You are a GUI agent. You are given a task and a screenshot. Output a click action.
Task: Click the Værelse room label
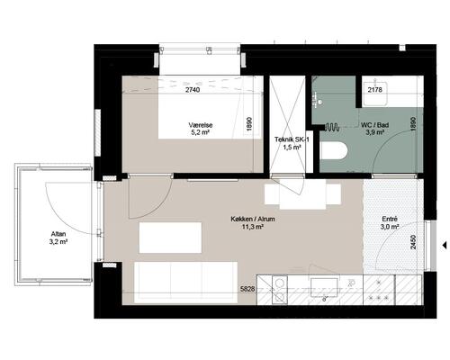pos(201,125)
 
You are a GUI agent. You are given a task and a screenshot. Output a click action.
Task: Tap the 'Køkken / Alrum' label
pos(253,219)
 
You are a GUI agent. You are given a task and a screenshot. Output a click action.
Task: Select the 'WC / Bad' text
pos(375,125)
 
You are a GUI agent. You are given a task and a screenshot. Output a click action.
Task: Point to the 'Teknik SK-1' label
pos(292,139)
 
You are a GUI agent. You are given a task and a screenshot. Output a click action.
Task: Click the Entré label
pos(390,219)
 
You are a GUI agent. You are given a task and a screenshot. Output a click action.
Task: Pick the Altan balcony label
pos(58,234)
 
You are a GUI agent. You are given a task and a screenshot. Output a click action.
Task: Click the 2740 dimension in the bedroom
pos(193,90)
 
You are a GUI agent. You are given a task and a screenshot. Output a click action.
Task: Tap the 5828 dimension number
pos(247,289)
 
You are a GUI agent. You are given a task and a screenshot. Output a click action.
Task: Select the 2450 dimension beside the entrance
pos(413,242)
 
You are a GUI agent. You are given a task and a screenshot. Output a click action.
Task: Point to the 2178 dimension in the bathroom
pos(375,89)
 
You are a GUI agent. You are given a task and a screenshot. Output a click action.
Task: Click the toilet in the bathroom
pos(334,150)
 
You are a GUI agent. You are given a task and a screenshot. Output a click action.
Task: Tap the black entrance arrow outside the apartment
pos(445,246)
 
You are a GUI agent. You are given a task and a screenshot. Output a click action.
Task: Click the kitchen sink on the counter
pos(324,287)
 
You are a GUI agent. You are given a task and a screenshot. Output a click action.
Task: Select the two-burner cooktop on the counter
pos(280,290)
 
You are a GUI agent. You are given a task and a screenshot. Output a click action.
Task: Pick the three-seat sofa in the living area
pos(185,283)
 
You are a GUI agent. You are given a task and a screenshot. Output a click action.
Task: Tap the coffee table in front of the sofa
pos(170,238)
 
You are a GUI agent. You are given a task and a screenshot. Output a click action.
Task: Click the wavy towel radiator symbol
pos(332,127)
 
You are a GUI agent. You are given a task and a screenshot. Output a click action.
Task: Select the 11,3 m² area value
pos(253,227)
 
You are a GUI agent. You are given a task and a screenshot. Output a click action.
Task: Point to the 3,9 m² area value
pos(375,132)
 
